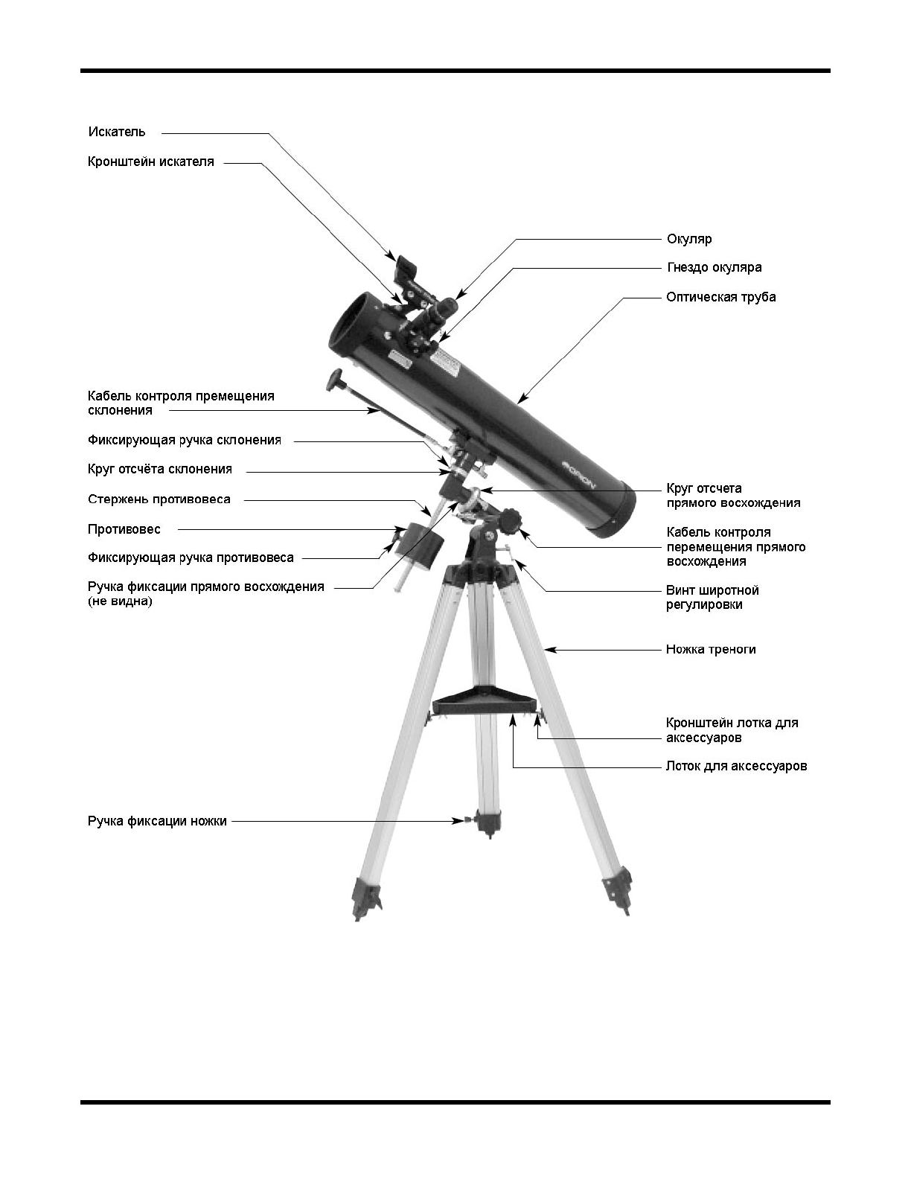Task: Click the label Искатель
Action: pos(117,132)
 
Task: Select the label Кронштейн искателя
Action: pos(151,162)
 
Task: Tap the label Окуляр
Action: pos(689,239)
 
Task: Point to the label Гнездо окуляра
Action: pos(714,267)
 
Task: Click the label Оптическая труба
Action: pos(720,297)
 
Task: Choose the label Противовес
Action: pos(124,529)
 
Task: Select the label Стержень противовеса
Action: pos(159,499)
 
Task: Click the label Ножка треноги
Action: pos(711,649)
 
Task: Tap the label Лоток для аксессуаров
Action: pos(736,766)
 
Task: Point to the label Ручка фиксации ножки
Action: pos(157,822)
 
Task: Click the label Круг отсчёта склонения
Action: pos(160,470)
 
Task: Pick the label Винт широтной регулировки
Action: pos(712,598)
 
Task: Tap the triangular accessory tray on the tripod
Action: pos(484,701)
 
